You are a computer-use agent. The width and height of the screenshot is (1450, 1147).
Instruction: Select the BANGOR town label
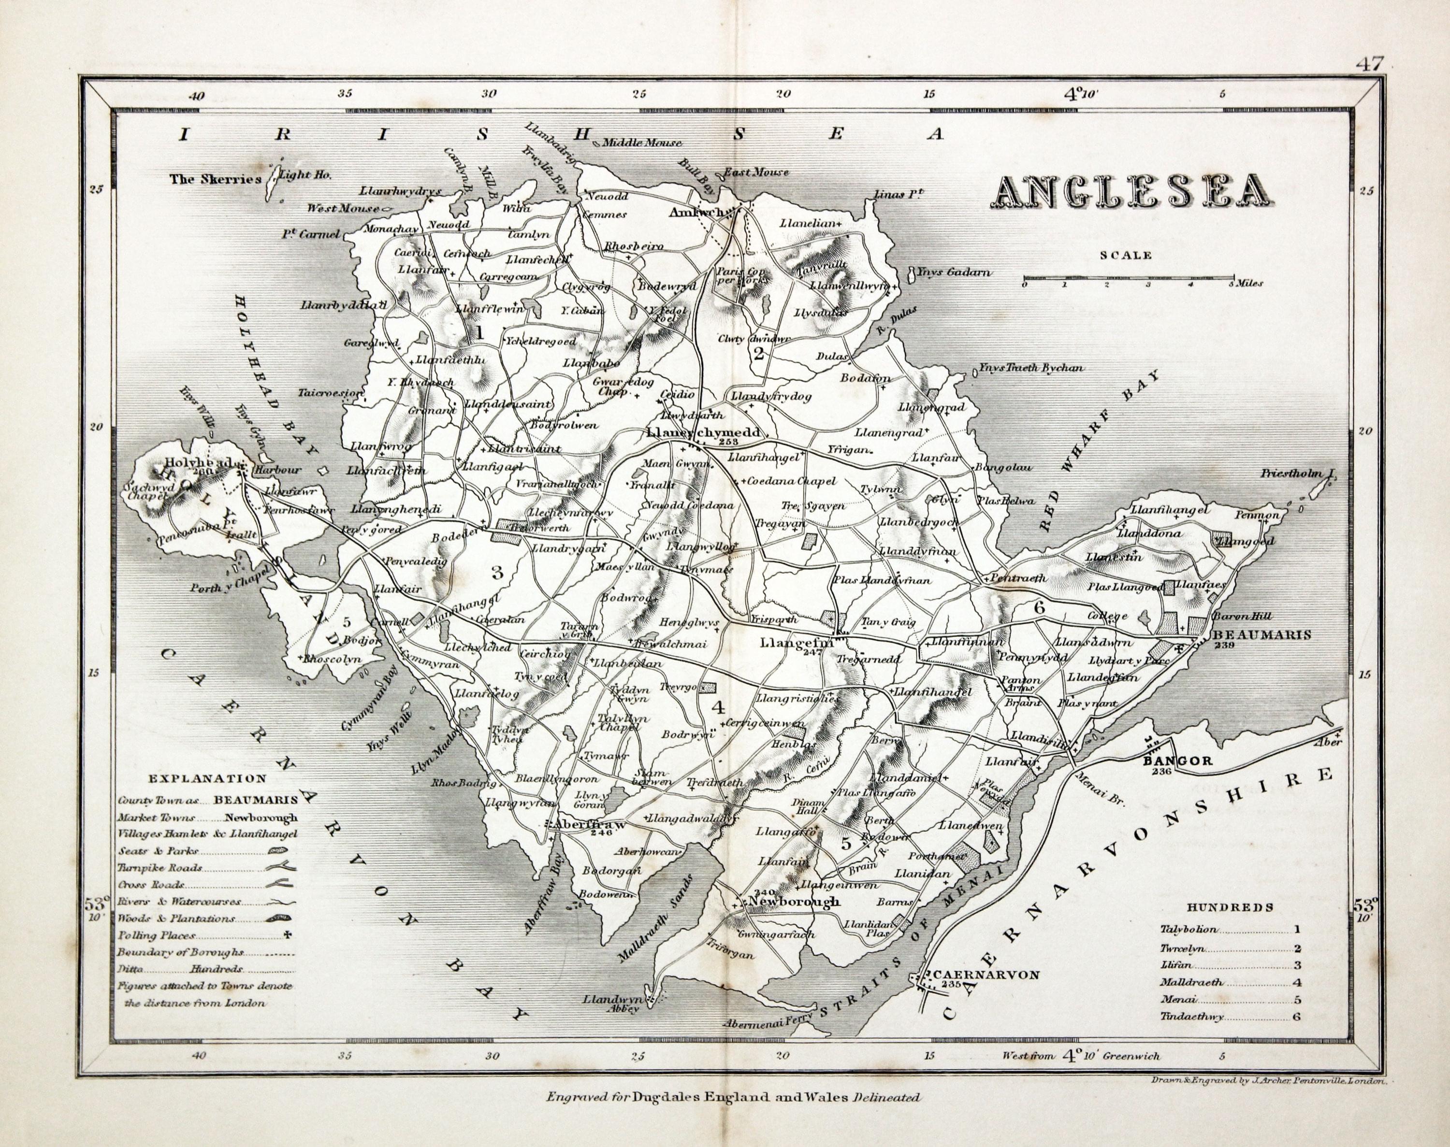1174,761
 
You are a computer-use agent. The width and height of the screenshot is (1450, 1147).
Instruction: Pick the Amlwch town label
698,212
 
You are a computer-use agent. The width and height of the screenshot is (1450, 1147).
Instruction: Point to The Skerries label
215,179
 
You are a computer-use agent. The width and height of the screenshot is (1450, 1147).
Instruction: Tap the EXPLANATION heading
207,779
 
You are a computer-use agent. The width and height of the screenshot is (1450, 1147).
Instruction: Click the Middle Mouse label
641,143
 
